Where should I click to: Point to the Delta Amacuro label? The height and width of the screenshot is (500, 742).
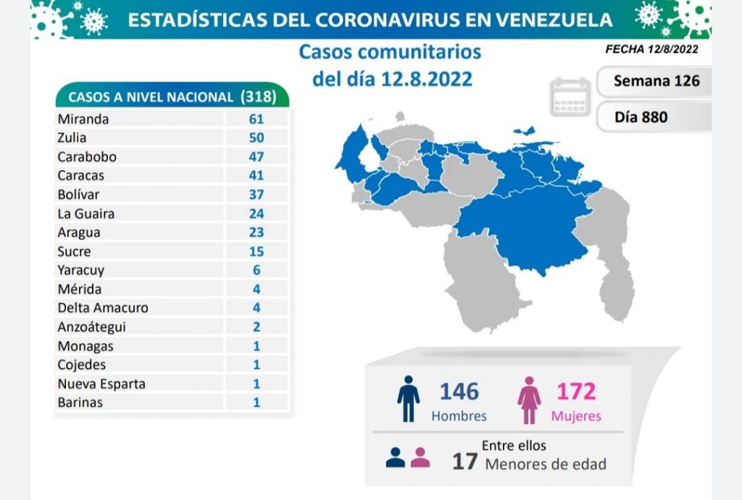pyautogui.click(x=102, y=308)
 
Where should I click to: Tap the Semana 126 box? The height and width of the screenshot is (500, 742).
pyautogui.click(x=656, y=81)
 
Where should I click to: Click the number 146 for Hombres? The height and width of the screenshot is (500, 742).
pyautogui.click(x=459, y=391)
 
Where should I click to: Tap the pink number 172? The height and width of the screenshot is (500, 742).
pyautogui.click(x=575, y=391)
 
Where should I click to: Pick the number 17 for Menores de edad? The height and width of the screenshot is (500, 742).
pyautogui.click(x=464, y=461)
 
